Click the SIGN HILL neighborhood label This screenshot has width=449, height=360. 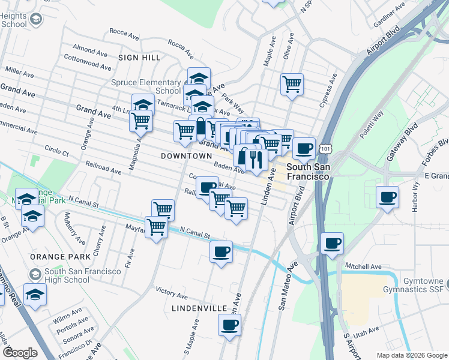139,58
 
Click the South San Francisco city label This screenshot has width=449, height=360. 308,172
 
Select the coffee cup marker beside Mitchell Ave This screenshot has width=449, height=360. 332,244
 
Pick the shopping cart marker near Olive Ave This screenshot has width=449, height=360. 292,84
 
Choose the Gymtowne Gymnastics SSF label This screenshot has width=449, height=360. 415,286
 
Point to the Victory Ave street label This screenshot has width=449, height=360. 172,293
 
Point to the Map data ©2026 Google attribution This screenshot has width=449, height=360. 412,355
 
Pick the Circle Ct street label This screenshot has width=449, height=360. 57,152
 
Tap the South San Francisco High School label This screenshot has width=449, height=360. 74,275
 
